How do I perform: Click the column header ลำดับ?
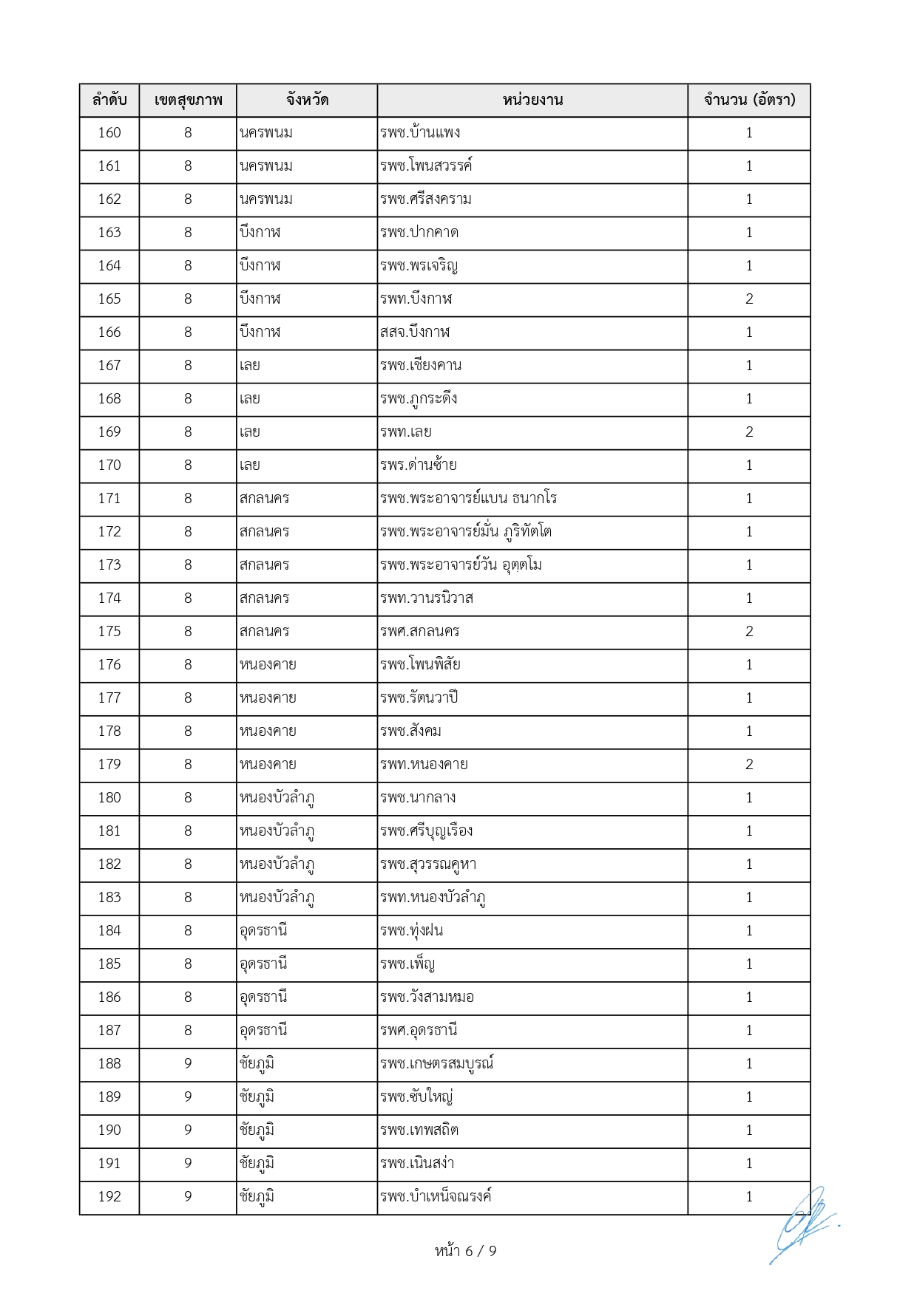(x=109, y=100)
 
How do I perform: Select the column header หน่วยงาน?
(x=532, y=100)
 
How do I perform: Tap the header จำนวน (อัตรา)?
(x=749, y=100)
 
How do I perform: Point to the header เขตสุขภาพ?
(x=188, y=100)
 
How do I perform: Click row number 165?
(x=109, y=299)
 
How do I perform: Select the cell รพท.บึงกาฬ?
(x=416, y=299)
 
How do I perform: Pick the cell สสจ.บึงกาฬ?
(x=415, y=332)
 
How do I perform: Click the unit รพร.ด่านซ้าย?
(x=419, y=465)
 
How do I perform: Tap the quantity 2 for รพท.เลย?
(x=749, y=432)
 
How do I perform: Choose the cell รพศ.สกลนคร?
(x=420, y=631)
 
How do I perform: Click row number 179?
(x=109, y=764)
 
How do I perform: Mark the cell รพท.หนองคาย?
(x=424, y=764)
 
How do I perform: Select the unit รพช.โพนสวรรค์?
(x=426, y=166)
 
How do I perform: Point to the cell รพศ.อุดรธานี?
(x=419, y=1030)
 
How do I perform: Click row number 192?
(x=109, y=1196)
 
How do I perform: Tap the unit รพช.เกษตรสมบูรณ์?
(x=436, y=1063)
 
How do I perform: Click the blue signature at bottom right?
(x=802, y=1223)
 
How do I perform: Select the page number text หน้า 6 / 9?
(x=465, y=1251)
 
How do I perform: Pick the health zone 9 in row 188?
(x=188, y=1063)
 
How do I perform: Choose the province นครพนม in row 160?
(x=266, y=132)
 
